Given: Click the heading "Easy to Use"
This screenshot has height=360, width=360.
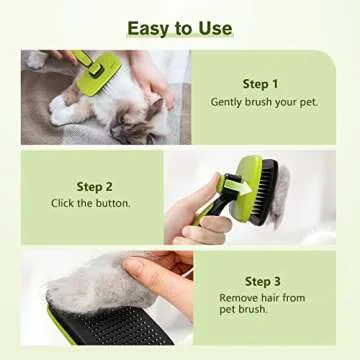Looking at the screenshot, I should (180, 27).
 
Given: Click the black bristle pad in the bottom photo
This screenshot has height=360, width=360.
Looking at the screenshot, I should (110, 330).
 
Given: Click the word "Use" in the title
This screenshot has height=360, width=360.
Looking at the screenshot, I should (214, 27).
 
